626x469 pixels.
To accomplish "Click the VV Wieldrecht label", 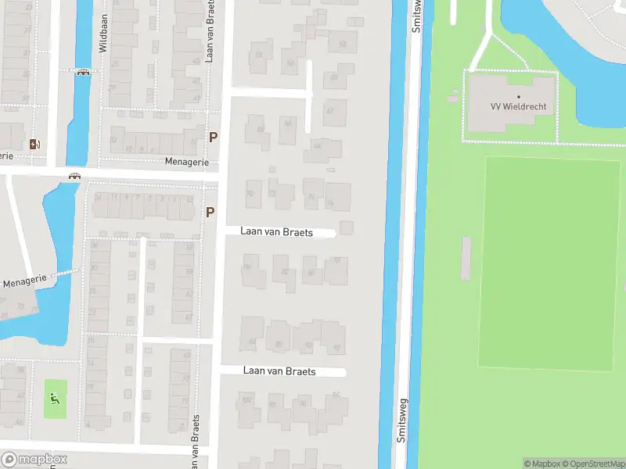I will click(x=519, y=106).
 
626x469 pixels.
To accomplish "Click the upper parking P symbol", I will click(x=212, y=138).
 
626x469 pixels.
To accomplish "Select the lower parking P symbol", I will click(x=210, y=212).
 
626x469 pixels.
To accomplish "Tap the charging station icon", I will click(x=33, y=144).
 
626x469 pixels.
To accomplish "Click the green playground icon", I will click(x=54, y=398).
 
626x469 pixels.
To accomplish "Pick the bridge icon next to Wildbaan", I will click(x=82, y=73).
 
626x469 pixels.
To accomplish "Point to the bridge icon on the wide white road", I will click(x=74, y=176).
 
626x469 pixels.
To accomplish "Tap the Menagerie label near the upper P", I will click(x=187, y=162).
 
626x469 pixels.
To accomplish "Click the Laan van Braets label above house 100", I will click(x=279, y=371).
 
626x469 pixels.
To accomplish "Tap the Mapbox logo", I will click(x=34, y=460).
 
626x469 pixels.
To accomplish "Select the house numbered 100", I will click(x=248, y=401).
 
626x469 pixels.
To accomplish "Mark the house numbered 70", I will click(x=251, y=193).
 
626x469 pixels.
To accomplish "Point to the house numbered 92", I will click(x=336, y=349).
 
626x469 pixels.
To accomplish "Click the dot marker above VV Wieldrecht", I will click(x=518, y=97).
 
